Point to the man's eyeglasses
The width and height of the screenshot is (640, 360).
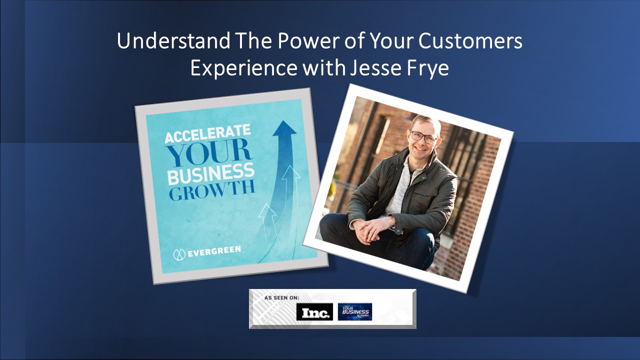click(422, 136)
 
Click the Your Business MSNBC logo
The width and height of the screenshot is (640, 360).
click(354, 311)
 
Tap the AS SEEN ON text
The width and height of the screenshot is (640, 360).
click(282, 297)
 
